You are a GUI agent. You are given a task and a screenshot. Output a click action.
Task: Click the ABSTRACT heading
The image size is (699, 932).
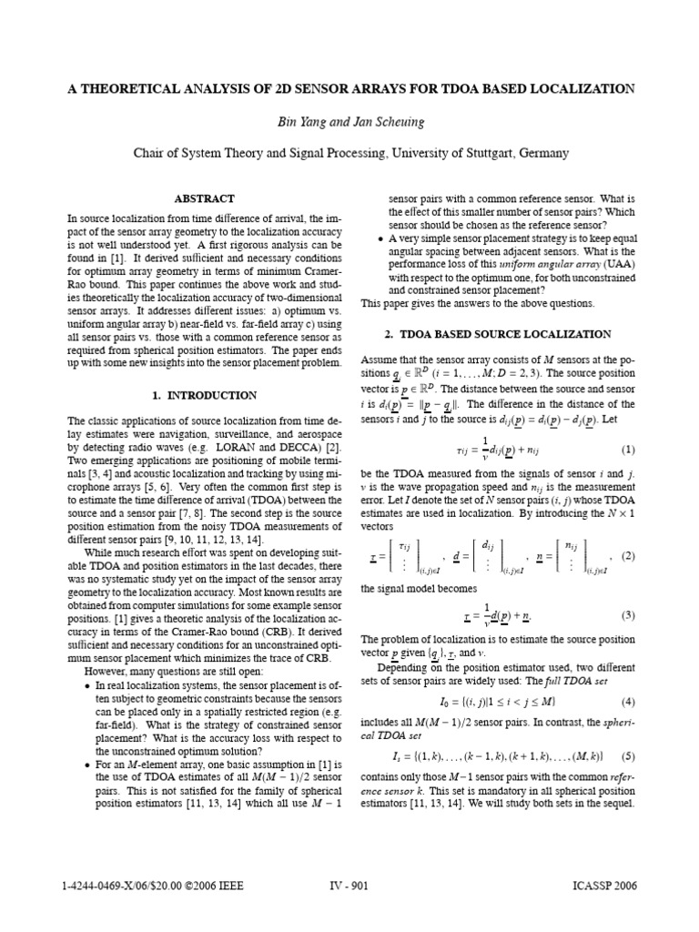[205, 198]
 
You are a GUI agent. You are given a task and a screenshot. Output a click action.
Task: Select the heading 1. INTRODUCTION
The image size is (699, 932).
[205, 396]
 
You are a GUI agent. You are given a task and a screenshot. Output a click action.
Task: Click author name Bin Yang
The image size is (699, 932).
[303, 121]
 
